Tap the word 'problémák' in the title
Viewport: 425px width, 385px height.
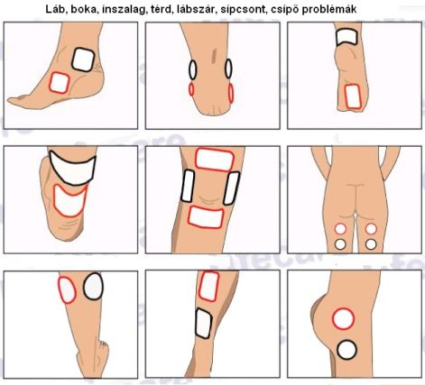point(328,9)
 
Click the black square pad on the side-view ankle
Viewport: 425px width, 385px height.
point(83,60)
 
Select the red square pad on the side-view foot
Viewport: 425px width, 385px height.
point(60,83)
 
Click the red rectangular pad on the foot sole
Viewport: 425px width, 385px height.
point(353,96)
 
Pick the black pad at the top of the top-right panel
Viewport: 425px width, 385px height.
point(346,37)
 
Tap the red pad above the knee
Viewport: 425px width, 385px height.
point(215,160)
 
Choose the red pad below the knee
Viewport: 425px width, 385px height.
point(206,217)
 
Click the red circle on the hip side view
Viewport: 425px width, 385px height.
point(343,318)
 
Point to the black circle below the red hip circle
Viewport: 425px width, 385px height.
point(346,350)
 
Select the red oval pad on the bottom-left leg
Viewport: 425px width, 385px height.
point(67,290)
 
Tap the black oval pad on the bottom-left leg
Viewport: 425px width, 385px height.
point(93,287)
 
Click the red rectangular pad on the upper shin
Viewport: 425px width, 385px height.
point(208,286)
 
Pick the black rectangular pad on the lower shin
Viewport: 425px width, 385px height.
point(204,324)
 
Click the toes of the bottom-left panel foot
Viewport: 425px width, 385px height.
point(104,343)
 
